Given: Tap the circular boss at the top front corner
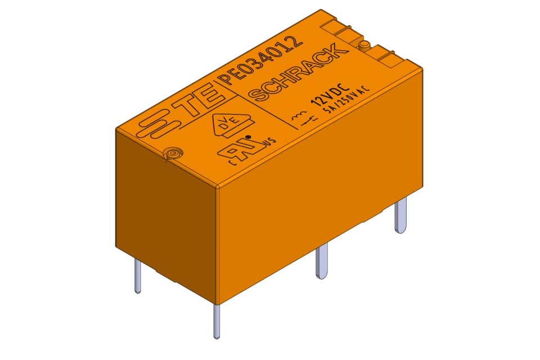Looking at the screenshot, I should [x=172, y=154].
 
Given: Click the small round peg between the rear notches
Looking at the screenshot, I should [x=363, y=44].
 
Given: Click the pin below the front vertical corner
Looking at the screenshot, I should [x=217, y=321].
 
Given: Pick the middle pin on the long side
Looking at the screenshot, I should [x=322, y=262].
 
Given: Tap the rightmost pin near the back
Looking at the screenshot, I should [x=400, y=217].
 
